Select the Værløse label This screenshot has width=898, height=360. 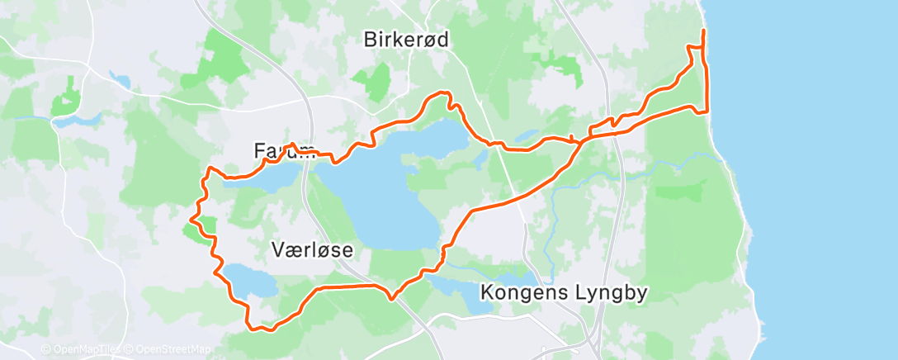(312, 249)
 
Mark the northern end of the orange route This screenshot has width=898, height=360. (703, 31)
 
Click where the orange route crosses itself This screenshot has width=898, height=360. (583, 140)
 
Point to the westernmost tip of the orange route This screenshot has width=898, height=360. (191, 219)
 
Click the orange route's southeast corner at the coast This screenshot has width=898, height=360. (707, 112)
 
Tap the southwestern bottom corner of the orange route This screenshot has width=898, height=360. (251, 327)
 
